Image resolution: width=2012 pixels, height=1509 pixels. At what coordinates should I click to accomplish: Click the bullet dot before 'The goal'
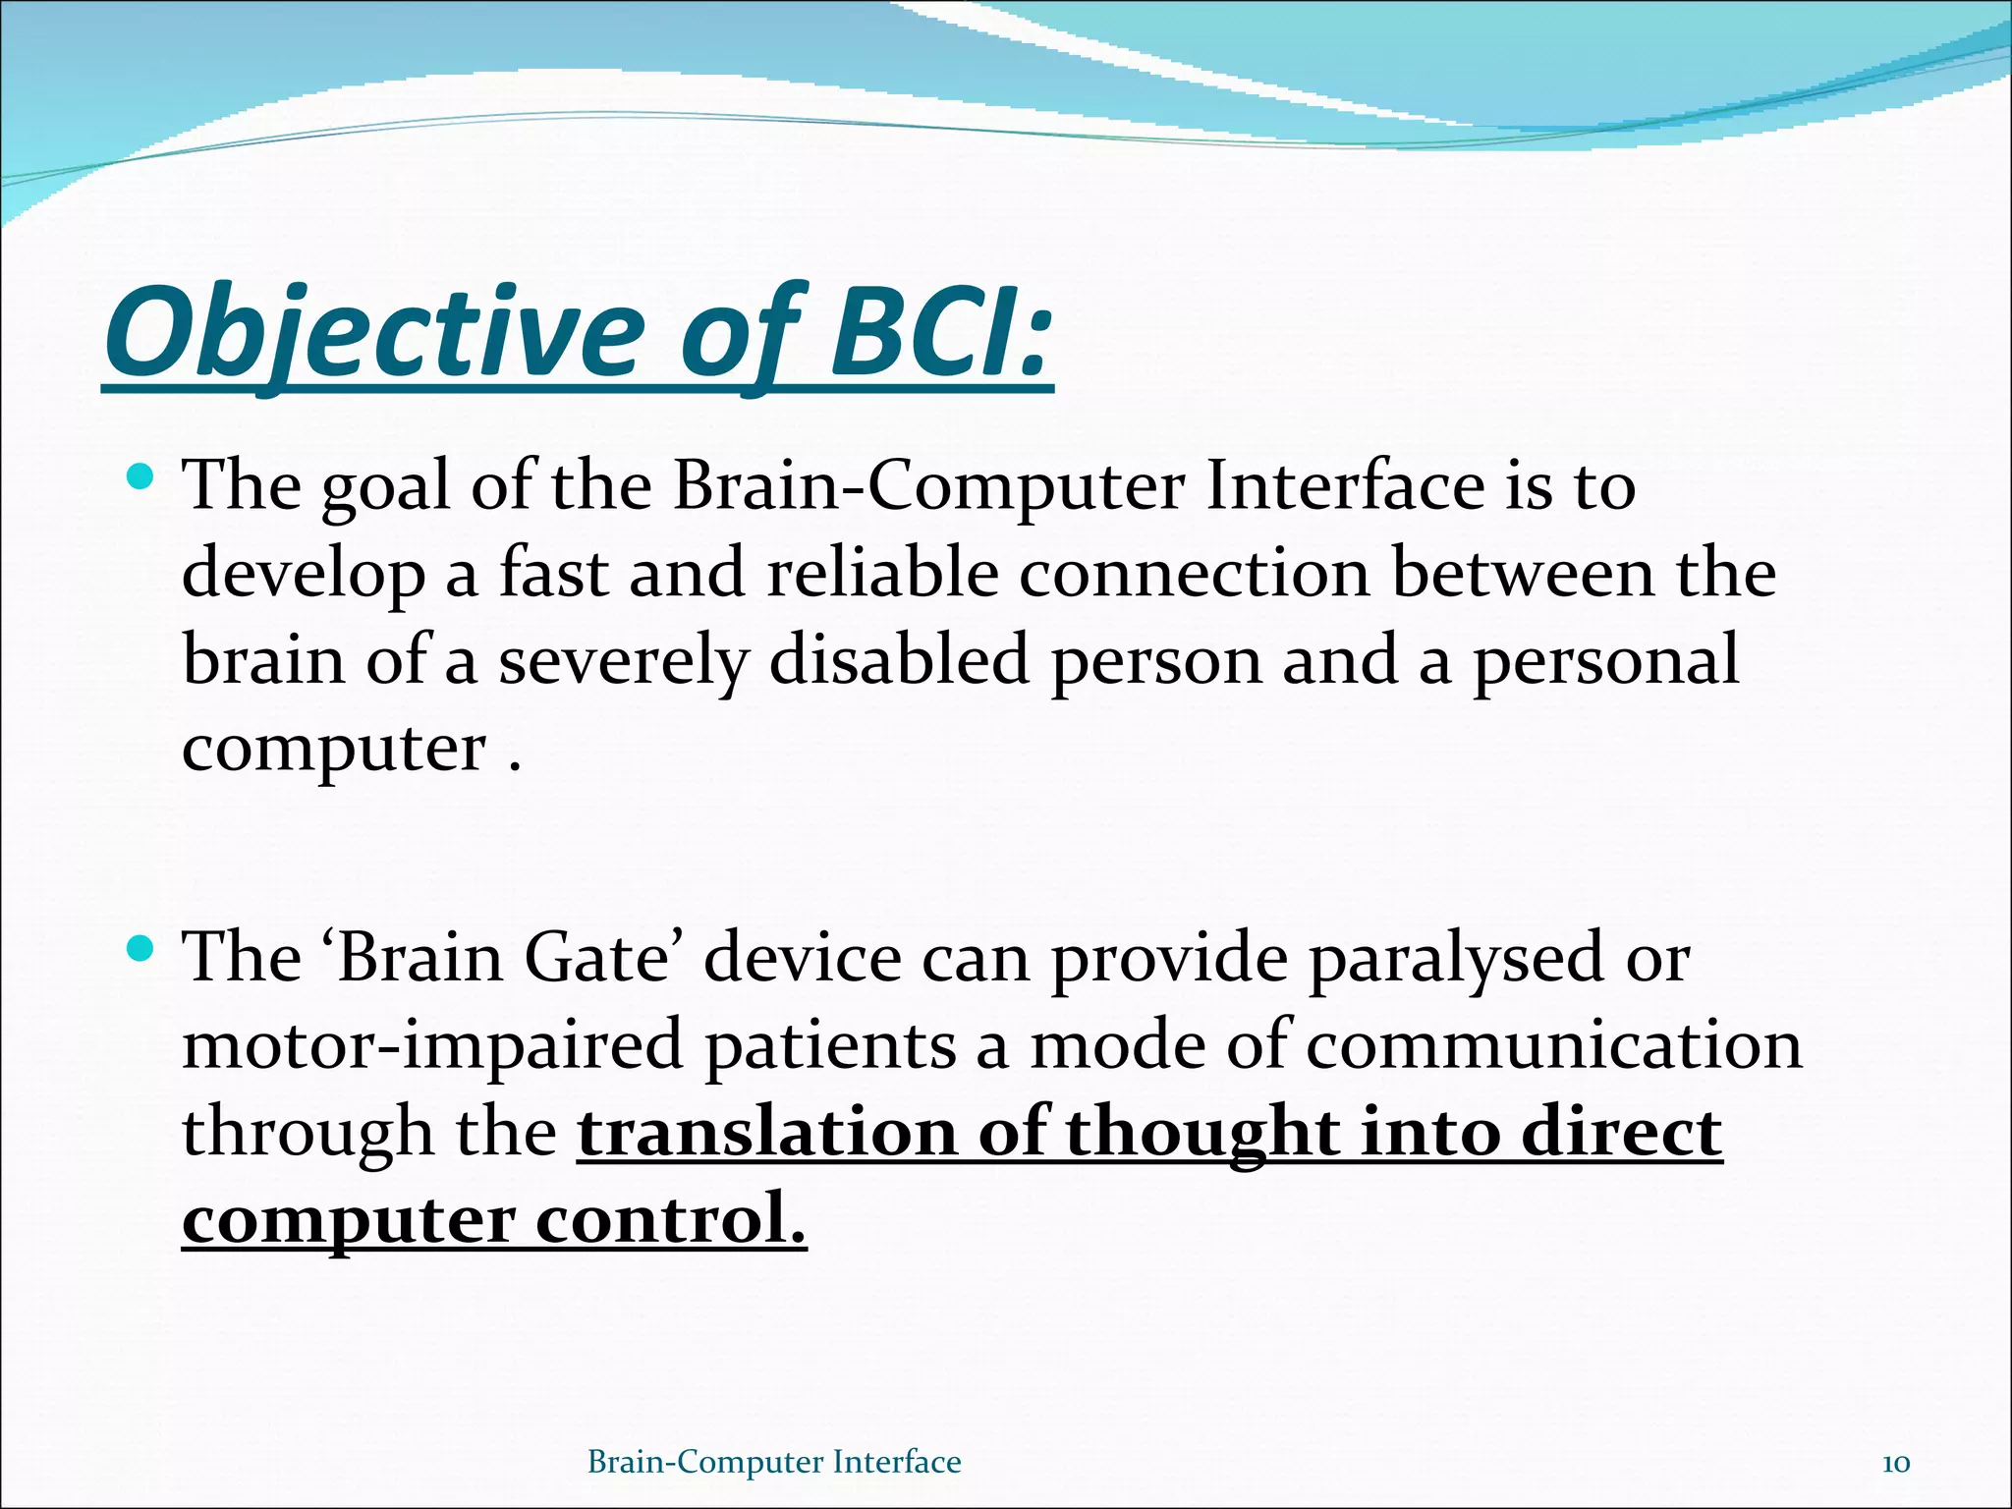coord(140,478)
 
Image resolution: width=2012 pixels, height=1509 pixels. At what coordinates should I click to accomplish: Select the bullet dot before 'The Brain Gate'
coord(140,949)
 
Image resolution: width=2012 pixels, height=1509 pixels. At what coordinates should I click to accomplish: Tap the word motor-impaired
coord(432,1045)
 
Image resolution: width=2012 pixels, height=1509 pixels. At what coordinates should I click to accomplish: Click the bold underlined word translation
coord(766,1133)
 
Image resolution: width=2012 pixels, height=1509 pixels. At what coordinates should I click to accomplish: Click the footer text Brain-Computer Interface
coord(774,1463)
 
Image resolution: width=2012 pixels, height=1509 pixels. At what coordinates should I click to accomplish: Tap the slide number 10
coord(1895,1464)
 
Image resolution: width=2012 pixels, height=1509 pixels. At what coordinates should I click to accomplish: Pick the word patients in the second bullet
coord(831,1045)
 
